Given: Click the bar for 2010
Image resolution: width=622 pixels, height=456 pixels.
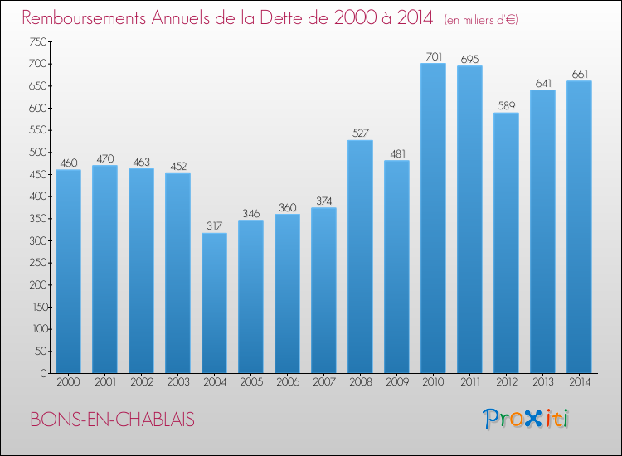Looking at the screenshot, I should (433, 219).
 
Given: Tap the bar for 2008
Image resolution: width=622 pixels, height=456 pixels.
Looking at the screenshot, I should (360, 257).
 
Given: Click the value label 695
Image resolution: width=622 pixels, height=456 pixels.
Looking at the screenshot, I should (469, 59).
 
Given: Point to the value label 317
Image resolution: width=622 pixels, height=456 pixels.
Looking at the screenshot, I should (214, 226).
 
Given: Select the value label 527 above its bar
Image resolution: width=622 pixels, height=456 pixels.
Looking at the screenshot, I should (360, 133).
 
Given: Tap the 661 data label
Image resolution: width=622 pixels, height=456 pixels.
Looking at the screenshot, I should (579, 74).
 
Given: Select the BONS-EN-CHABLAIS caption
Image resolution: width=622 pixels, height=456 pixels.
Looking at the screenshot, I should (112, 420).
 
